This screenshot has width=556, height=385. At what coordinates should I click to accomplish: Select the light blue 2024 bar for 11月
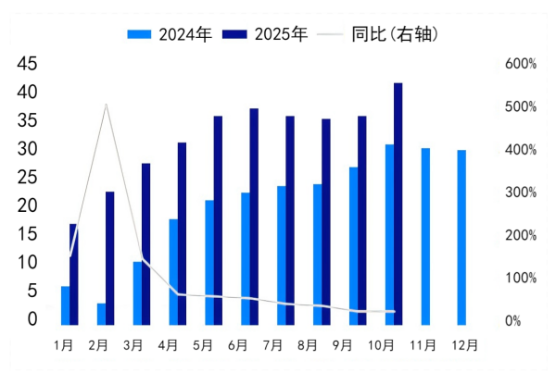pos(425,236)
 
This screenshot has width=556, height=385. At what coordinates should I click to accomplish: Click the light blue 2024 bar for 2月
pos(101,314)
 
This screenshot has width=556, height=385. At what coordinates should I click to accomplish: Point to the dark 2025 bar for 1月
pos(73,274)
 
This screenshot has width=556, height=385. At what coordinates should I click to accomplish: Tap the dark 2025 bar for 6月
pos(254,217)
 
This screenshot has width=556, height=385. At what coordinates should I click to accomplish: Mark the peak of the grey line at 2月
pos(106,105)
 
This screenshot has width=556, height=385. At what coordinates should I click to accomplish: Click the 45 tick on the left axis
pos(28,64)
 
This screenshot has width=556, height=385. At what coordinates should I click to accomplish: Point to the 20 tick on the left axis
pos(28,205)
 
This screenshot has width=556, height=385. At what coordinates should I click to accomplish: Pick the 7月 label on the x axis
pos(273,345)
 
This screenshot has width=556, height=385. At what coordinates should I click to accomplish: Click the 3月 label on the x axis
pos(133,345)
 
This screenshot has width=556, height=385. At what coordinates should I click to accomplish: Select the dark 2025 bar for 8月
pos(326,221)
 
